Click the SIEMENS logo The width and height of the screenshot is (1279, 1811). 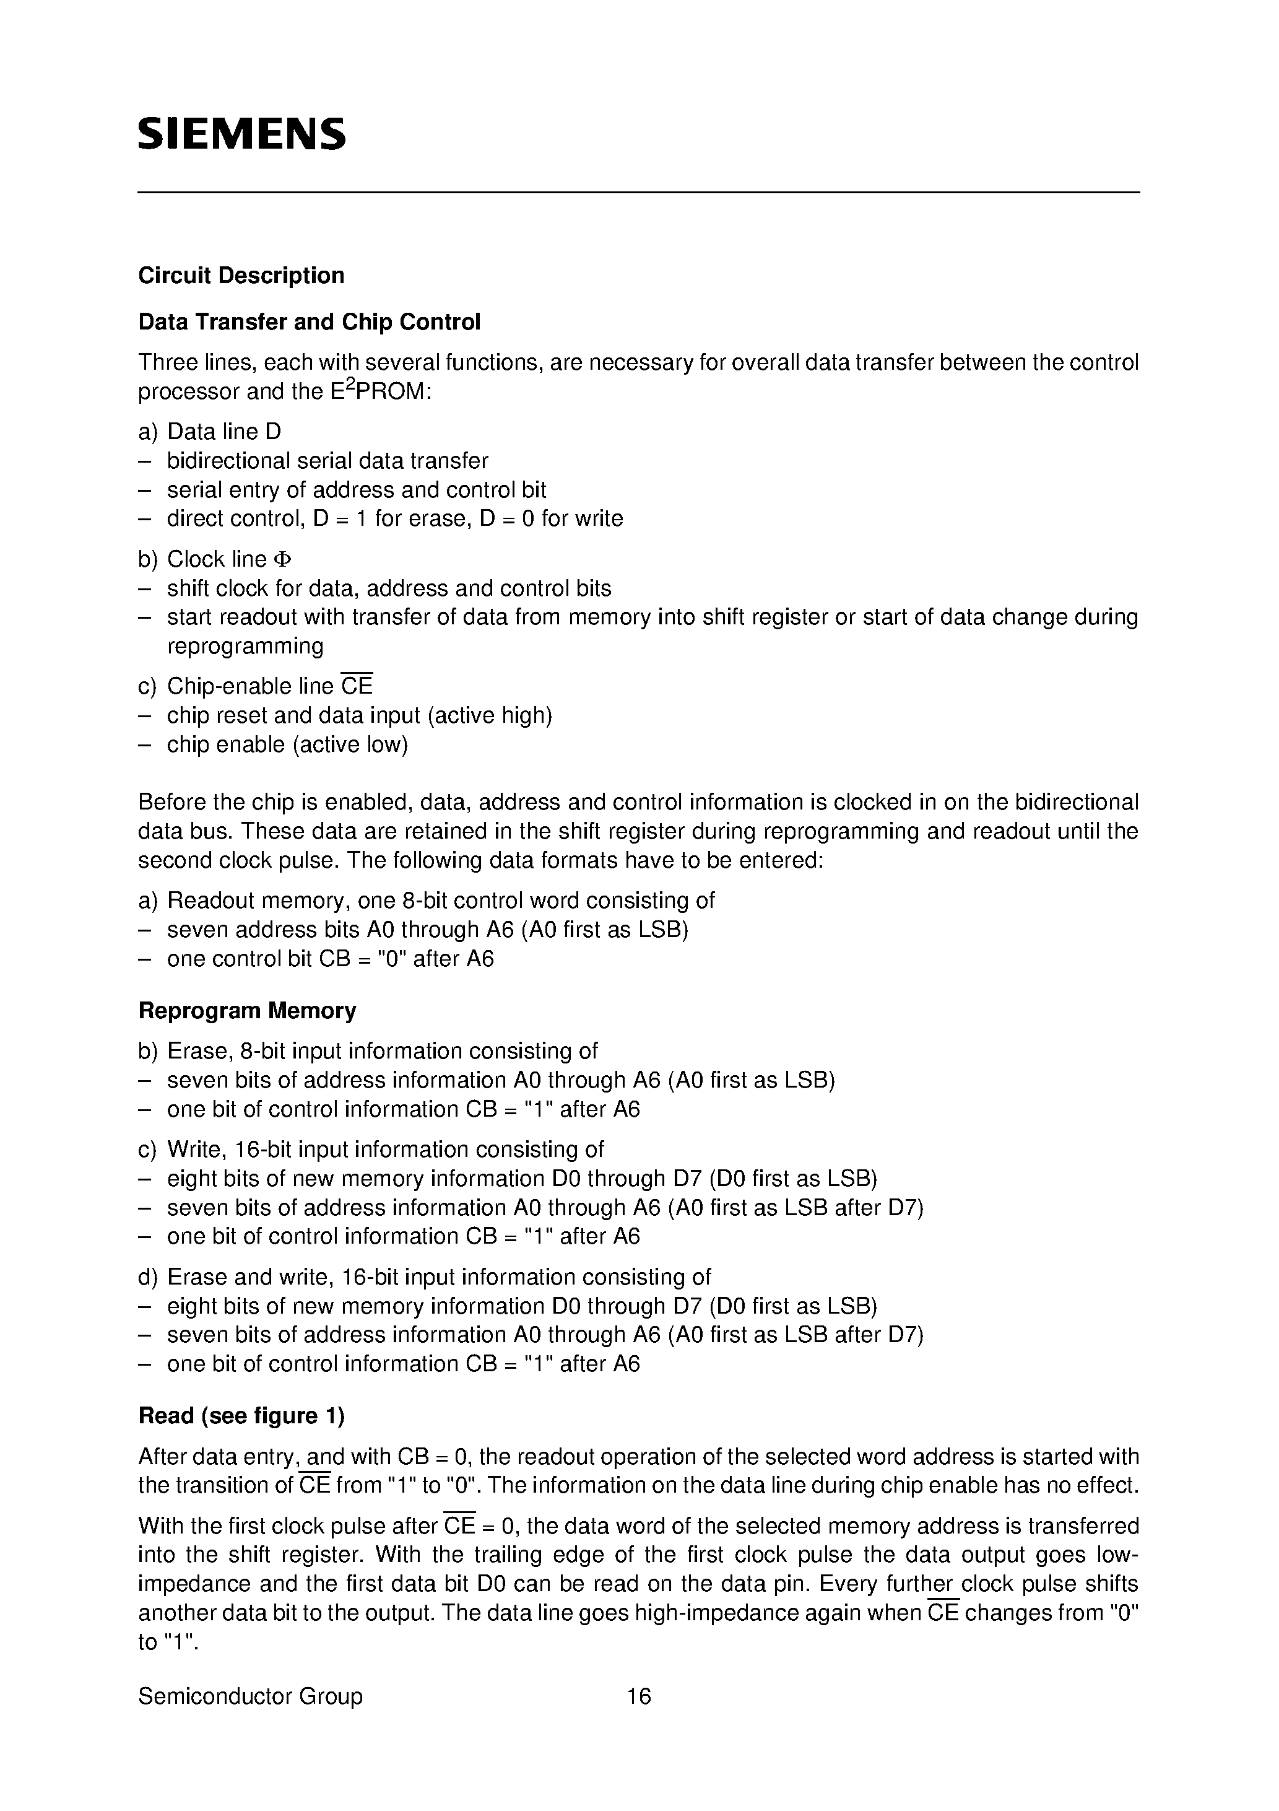coord(241,134)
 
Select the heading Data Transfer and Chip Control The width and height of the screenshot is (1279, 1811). coord(309,322)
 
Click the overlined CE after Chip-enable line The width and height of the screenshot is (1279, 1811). coord(357,686)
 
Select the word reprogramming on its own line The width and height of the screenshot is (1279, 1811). coord(245,646)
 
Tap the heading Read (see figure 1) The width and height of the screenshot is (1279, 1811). coord(241,1416)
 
